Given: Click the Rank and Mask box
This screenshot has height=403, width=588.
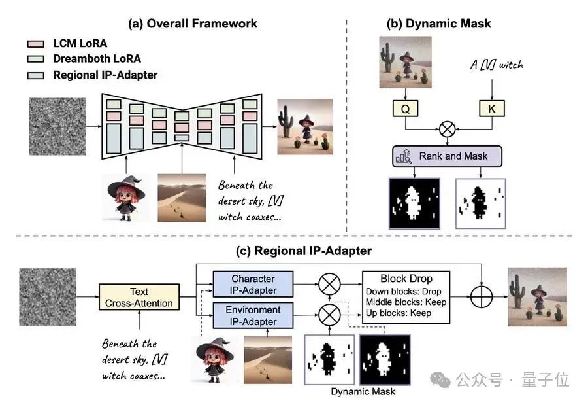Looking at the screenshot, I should [447, 156].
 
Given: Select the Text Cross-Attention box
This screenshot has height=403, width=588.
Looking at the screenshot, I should [139, 297].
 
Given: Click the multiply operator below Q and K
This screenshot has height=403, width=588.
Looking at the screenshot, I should [448, 128].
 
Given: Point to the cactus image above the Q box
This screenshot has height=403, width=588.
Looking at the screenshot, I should [404, 63].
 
